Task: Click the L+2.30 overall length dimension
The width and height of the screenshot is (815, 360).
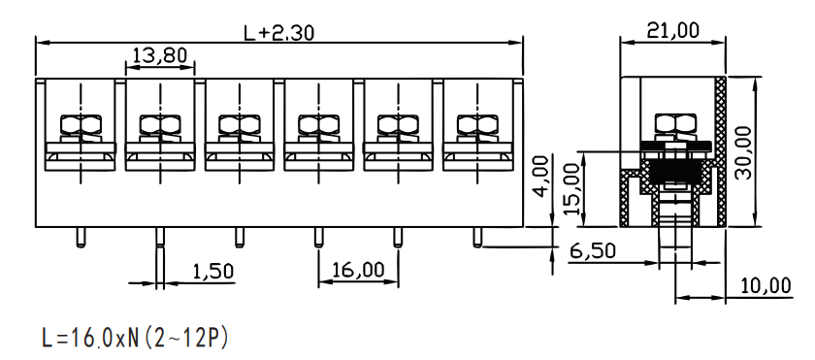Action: (x=279, y=33)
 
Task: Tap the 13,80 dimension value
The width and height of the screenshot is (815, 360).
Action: (x=159, y=54)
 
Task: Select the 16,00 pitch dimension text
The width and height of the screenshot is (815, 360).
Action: (x=358, y=270)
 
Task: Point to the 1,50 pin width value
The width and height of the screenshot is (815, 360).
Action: (x=213, y=271)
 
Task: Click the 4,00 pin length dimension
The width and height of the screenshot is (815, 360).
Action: (x=541, y=176)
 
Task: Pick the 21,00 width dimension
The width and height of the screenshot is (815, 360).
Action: (x=672, y=31)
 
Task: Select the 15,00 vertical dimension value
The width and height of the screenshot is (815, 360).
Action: (x=570, y=189)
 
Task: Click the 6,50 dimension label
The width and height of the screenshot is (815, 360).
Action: (x=593, y=251)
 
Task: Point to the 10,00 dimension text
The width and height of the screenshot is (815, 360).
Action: (x=765, y=286)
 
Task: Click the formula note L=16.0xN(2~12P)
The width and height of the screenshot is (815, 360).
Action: (x=135, y=338)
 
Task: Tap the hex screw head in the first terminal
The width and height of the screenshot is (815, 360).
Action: (x=81, y=124)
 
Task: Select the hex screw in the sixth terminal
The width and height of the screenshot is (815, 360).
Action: (x=477, y=124)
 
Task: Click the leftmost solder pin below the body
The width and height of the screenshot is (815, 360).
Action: (x=81, y=237)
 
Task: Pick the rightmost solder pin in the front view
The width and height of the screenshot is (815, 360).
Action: (x=477, y=237)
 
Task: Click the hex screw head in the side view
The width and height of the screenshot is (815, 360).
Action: (x=675, y=123)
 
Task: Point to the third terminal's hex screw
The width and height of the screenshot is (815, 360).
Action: (x=239, y=124)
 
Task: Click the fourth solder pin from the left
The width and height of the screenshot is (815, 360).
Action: (x=318, y=237)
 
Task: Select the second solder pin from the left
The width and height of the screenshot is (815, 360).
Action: (x=160, y=237)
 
